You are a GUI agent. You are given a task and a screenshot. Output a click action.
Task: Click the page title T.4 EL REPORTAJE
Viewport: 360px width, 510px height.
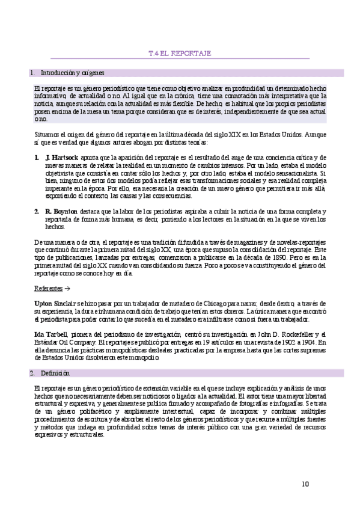(179, 54)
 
